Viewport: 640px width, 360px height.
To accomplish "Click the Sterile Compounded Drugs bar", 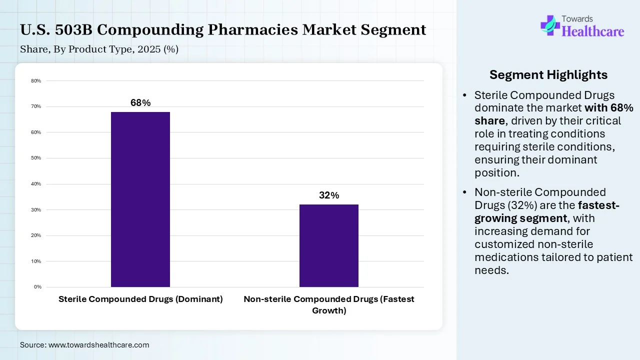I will pyautogui.click(x=140, y=199).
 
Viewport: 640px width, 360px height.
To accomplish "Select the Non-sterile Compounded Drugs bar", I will pyautogui.click(x=329, y=245).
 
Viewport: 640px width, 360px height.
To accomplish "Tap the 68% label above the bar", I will pyautogui.click(x=140, y=103).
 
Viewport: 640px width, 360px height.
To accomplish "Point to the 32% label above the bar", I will pyautogui.click(x=329, y=195).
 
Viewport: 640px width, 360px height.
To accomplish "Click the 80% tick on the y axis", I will pyautogui.click(x=36, y=80).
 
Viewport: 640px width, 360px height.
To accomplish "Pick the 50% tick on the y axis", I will pyautogui.click(x=36, y=158).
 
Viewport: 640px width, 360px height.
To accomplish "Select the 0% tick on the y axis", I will pyautogui.click(x=37, y=287).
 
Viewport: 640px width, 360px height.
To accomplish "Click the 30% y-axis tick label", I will pyautogui.click(x=36, y=209).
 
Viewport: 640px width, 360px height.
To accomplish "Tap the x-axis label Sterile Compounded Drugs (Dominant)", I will pyautogui.click(x=140, y=299).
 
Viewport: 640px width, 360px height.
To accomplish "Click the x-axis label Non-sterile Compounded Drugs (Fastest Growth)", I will pyautogui.click(x=329, y=304).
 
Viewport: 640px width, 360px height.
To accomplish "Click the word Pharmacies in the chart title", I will pyautogui.click(x=253, y=30).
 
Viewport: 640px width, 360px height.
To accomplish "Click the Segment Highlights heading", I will pyautogui.click(x=548, y=75).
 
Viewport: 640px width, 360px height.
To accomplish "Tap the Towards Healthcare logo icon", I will pyautogui.click(x=550, y=25).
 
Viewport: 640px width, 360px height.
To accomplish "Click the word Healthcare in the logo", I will pyautogui.click(x=593, y=31).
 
